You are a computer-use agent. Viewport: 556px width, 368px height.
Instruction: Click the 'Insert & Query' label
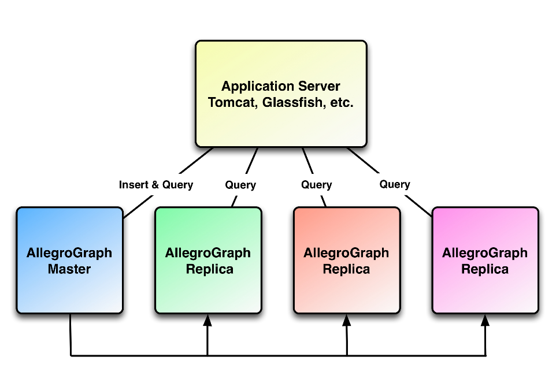click(x=156, y=185)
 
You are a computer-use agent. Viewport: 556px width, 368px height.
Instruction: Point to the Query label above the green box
click(x=240, y=185)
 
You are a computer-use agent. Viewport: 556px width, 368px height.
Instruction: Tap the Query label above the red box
click(x=316, y=185)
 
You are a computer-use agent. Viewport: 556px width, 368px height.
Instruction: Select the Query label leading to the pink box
click(x=395, y=184)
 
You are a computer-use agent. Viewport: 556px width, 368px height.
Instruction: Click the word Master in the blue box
click(x=69, y=269)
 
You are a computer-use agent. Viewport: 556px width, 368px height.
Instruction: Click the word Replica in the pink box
click(x=485, y=269)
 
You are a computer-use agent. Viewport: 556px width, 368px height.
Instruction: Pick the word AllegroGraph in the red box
click(x=346, y=253)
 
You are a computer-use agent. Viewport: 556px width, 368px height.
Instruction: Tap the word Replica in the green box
click(x=208, y=269)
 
